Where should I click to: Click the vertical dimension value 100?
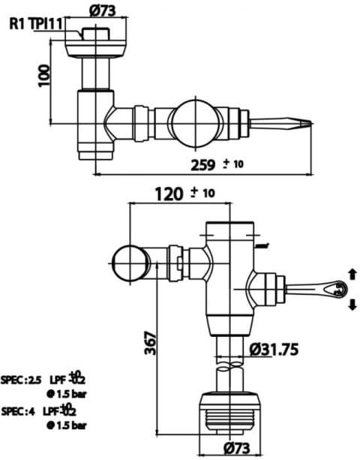click(x=45, y=75)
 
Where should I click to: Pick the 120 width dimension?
click(x=169, y=194)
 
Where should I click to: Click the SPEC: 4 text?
click(x=20, y=410)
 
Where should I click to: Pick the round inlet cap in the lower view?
click(x=133, y=263)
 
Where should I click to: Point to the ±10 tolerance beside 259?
click(x=232, y=164)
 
